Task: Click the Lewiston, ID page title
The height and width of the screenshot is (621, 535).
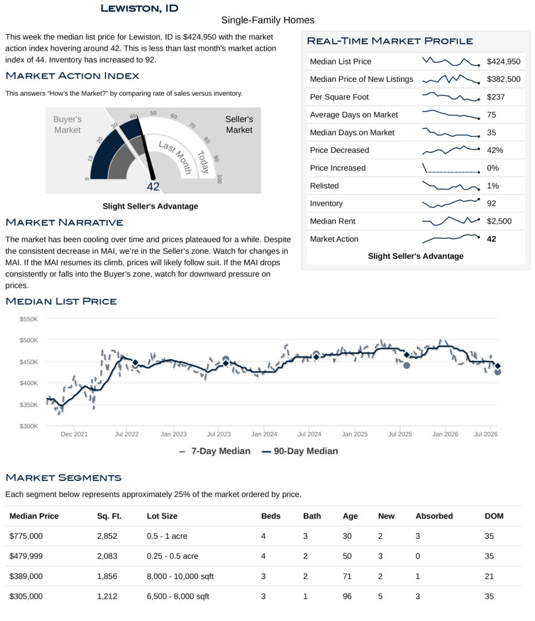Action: coord(139,8)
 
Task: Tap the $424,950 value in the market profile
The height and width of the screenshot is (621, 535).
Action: coord(503,61)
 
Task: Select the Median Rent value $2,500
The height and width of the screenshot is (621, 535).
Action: coord(499,221)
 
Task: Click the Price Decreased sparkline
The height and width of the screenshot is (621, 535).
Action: coord(451,150)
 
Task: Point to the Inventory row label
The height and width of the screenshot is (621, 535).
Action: coord(326,204)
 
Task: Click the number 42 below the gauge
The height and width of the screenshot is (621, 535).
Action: coord(153,186)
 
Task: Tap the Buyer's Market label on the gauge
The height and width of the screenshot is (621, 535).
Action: coord(68,124)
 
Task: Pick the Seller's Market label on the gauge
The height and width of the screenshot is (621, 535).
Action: coord(239,124)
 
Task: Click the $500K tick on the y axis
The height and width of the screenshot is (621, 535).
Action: coord(28,340)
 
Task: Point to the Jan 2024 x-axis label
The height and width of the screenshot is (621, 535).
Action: coord(264,434)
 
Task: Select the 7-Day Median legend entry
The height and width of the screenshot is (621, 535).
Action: coord(215,451)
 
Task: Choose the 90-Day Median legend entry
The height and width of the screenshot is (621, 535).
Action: coord(300,451)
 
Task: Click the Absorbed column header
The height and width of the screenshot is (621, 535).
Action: coord(434,516)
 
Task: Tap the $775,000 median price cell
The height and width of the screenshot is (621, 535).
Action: coord(26,536)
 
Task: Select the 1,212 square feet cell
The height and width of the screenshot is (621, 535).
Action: coord(107,596)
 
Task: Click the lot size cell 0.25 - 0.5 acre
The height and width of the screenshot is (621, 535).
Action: coord(173,556)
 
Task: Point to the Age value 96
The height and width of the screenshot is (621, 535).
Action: coord(347,596)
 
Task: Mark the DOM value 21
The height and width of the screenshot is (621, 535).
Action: coord(489,576)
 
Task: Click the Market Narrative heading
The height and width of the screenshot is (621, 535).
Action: coord(64,222)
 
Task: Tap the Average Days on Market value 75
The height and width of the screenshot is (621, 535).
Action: coord(492,115)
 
